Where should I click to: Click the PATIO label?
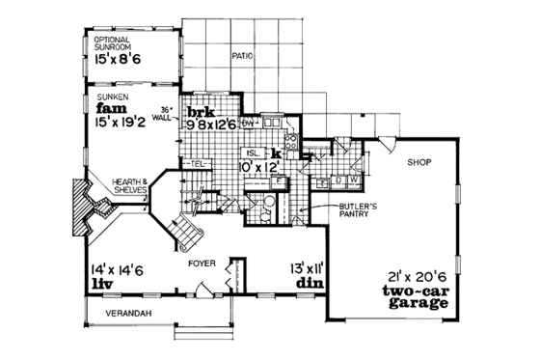point(243,56)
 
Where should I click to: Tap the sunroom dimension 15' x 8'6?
point(117,59)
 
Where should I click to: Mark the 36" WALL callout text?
point(170,114)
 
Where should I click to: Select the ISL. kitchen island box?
point(251,153)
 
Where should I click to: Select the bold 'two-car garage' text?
point(415,295)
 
